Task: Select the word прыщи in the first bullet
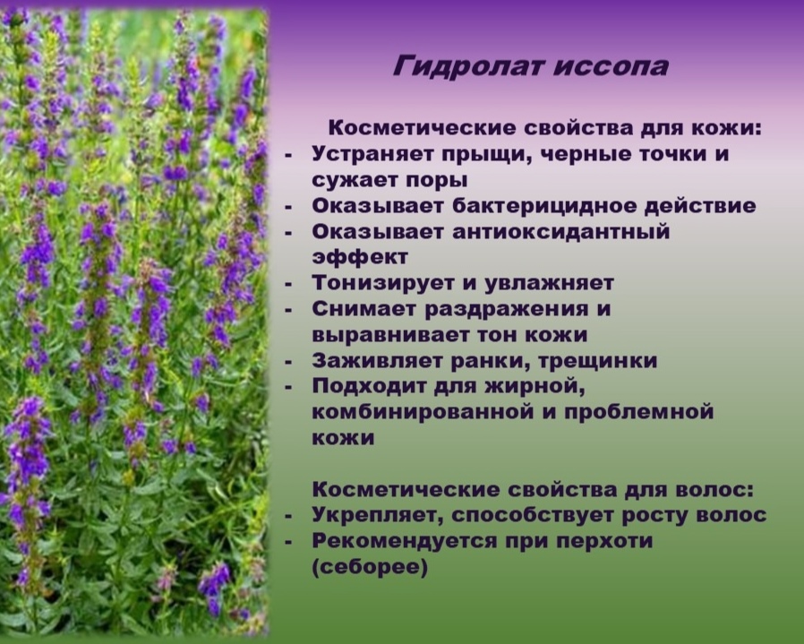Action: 476,154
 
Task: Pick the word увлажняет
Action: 548,283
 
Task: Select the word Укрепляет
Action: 378,516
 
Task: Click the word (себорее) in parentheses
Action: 371,568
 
